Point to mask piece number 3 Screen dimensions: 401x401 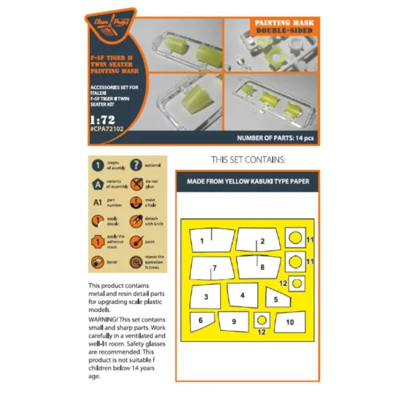206,296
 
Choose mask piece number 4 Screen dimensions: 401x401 240,295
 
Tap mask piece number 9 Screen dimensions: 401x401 233,321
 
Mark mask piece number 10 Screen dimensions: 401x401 289,321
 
